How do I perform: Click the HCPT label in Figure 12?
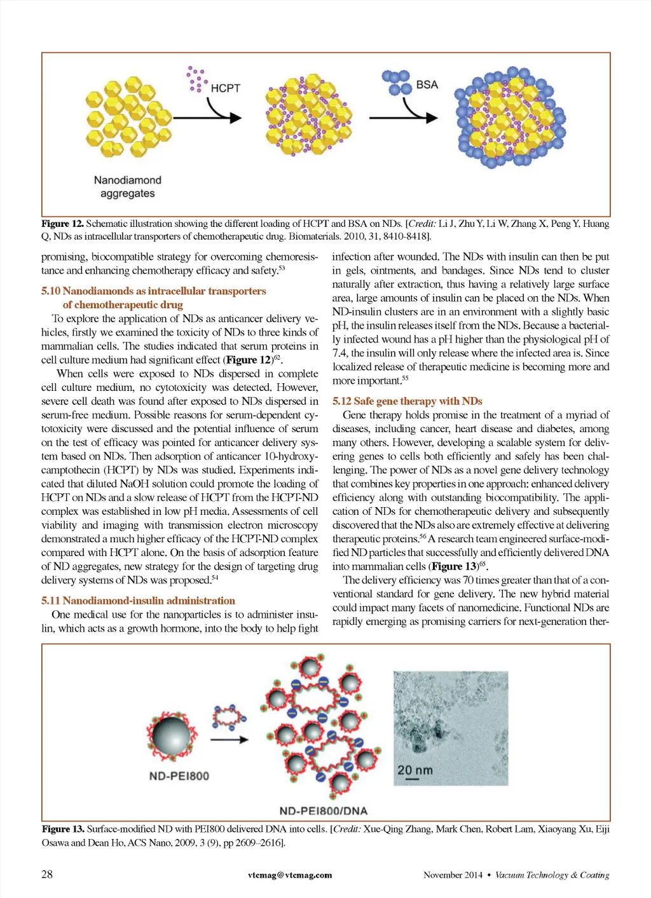225,88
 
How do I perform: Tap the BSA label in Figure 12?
427,85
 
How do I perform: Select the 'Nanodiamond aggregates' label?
127,187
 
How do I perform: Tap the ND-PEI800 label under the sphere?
179,776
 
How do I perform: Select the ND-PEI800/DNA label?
323,811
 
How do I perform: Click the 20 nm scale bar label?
415,770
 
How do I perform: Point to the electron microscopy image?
450,728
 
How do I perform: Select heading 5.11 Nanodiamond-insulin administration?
138,601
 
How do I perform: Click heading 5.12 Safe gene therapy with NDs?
407,401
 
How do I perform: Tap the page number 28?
47,874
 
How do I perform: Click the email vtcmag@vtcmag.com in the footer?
290,875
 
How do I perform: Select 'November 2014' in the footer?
453,875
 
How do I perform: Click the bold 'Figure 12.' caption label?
62,224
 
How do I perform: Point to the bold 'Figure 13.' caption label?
63,829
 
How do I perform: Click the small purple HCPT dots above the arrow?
196,79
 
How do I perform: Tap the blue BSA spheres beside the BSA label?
397,82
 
